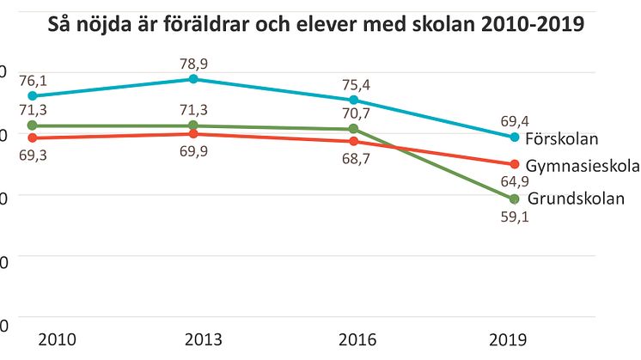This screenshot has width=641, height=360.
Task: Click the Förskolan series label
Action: pyautogui.click(x=561, y=138)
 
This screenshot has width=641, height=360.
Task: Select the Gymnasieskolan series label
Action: pyautogui.click(x=583, y=165)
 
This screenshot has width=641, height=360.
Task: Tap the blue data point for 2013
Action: pyautogui.click(x=193, y=79)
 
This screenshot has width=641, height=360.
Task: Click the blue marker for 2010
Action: pyautogui.click(x=32, y=95)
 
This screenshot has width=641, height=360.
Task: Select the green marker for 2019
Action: pyautogui.click(x=515, y=199)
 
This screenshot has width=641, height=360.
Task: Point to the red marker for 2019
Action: pyautogui.click(x=515, y=164)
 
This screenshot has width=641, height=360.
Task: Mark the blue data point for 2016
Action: pyautogui.click(x=354, y=100)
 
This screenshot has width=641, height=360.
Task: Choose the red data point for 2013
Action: pyautogui.click(x=193, y=134)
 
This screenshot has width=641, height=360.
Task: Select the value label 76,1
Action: pyautogui.click(x=32, y=78)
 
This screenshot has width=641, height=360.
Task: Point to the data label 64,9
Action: pyautogui.click(x=515, y=182)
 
